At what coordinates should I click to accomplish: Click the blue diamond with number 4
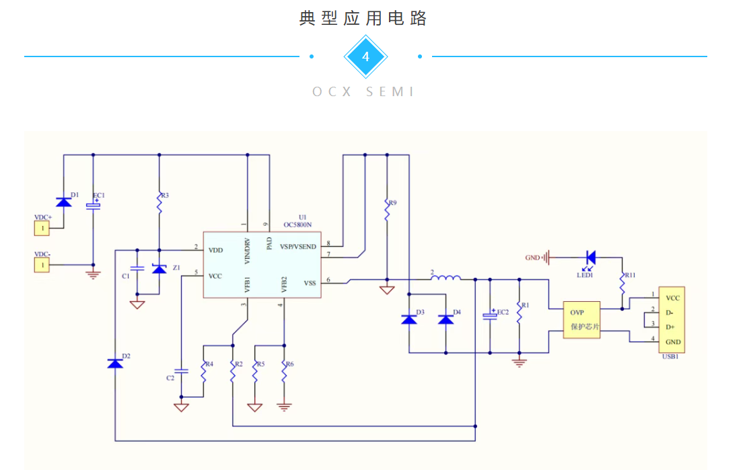365,56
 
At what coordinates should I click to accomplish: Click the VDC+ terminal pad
42,229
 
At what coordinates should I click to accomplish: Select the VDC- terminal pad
42,265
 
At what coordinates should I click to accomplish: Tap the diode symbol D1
64,202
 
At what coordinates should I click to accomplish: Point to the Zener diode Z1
159,269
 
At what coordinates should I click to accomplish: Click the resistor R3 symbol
159,203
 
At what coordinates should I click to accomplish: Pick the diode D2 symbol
115,364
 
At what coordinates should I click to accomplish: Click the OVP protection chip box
581,320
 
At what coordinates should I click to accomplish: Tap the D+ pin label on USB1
670,327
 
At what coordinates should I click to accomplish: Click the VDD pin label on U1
215,251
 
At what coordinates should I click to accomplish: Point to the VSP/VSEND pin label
297,247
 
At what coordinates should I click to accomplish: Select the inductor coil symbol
446,278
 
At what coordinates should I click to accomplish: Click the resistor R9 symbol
387,210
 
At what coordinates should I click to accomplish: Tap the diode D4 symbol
446,319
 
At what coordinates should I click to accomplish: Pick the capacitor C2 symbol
181,371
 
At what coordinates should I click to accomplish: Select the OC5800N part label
297,225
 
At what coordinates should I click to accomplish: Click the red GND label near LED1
532,258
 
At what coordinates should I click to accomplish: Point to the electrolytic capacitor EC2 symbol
490,315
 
